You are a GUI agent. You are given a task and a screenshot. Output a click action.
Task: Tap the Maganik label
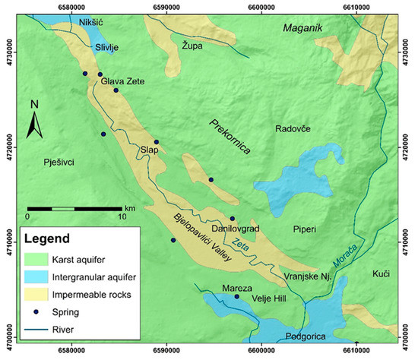(302, 29)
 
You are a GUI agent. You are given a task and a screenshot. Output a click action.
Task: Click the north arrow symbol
(34, 120)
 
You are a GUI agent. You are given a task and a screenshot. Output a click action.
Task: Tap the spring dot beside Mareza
(236, 297)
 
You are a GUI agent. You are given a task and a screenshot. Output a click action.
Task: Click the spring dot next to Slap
(157, 142)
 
